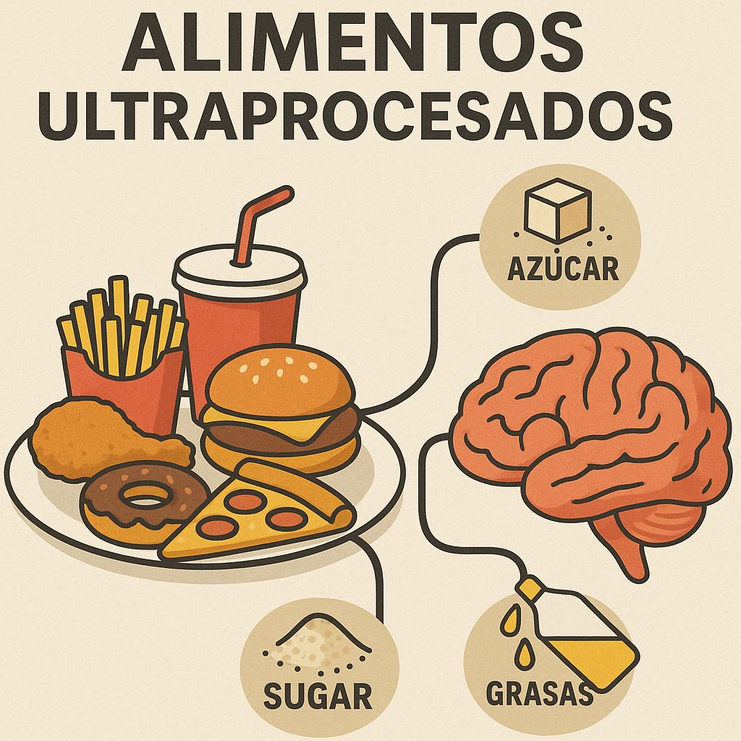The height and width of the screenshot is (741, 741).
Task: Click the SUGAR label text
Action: pyautogui.click(x=318, y=696)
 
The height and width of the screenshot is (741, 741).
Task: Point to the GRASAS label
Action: pyautogui.click(x=538, y=693)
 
